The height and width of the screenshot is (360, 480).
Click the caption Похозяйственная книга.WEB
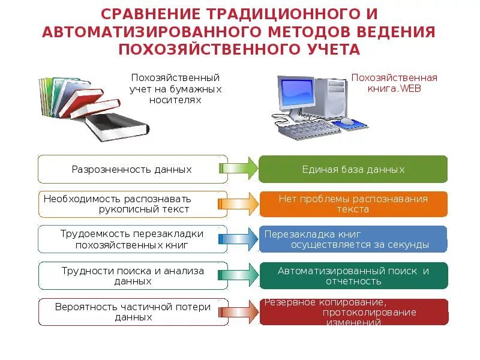point(394,83)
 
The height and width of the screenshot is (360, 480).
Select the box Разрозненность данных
point(132,169)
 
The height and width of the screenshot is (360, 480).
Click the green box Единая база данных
point(353,169)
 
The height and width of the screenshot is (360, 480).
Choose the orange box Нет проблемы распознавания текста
point(353,204)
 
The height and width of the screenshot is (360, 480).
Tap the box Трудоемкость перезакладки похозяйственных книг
point(132,239)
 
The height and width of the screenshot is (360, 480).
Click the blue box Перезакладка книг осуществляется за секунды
point(353,239)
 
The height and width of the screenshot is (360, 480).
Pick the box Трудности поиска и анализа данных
point(132,275)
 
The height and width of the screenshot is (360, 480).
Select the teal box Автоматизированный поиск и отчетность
point(353,275)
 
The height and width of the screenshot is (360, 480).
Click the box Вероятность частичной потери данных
point(132,312)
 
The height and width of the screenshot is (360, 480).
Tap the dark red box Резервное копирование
point(353,312)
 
